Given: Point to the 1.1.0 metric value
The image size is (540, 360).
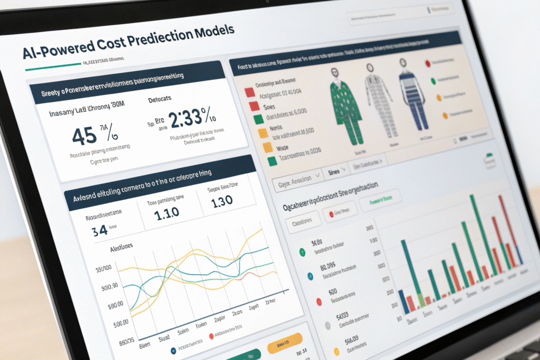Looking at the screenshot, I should [x=167, y=213].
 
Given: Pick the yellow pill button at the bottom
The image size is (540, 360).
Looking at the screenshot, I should [x=286, y=345].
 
